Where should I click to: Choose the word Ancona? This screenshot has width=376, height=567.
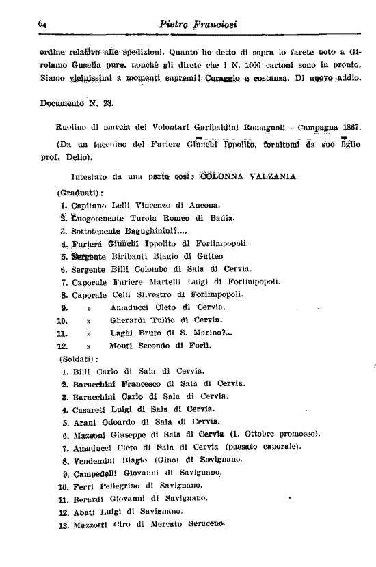[x=204, y=205]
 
